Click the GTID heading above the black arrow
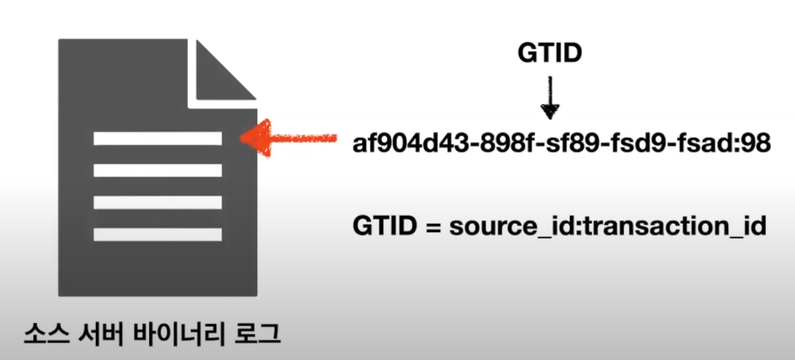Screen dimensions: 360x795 click(x=550, y=54)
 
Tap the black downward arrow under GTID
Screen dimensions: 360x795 click(x=550, y=97)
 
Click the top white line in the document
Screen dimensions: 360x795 click(x=158, y=138)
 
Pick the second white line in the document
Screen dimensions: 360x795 click(x=158, y=170)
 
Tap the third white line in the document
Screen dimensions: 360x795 click(x=158, y=202)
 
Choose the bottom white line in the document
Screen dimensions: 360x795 click(x=158, y=234)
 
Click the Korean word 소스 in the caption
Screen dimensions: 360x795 click(x=45, y=333)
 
